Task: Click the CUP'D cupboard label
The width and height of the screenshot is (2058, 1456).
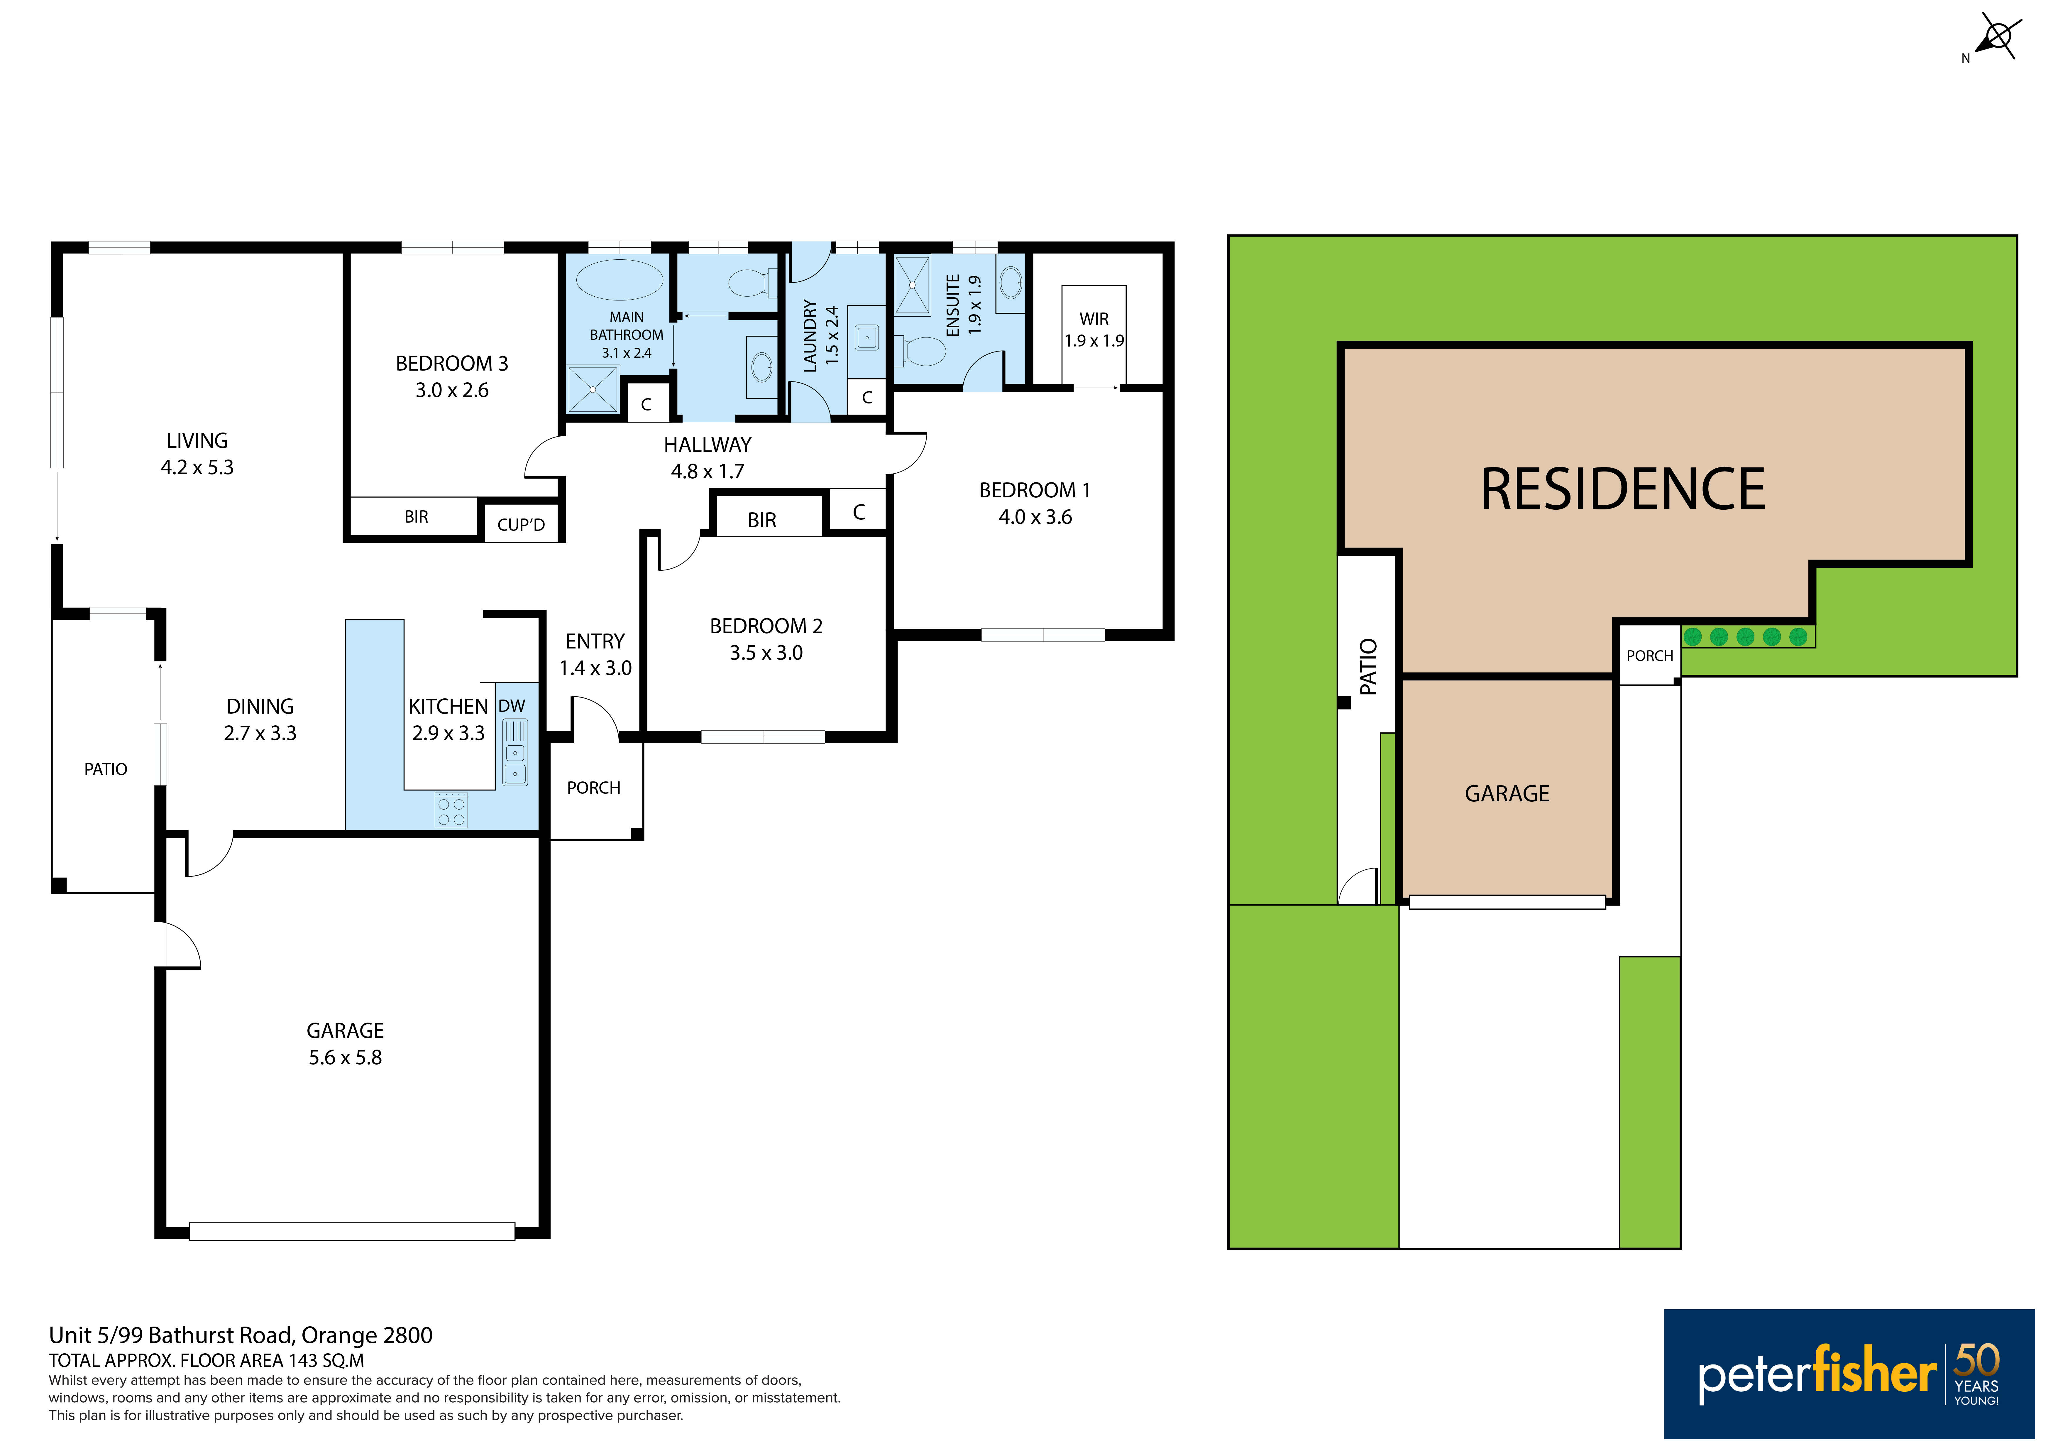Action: pyautogui.click(x=521, y=524)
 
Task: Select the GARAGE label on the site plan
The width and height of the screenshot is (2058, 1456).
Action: pyautogui.click(x=1507, y=793)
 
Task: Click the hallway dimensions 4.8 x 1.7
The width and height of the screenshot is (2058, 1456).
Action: pyautogui.click(x=707, y=472)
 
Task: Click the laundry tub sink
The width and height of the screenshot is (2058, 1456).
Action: pyautogui.click(x=867, y=338)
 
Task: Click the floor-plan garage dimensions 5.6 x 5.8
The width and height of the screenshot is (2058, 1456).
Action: pyautogui.click(x=345, y=1058)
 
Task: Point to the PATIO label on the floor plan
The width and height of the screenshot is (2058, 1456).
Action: pyautogui.click(x=106, y=769)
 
